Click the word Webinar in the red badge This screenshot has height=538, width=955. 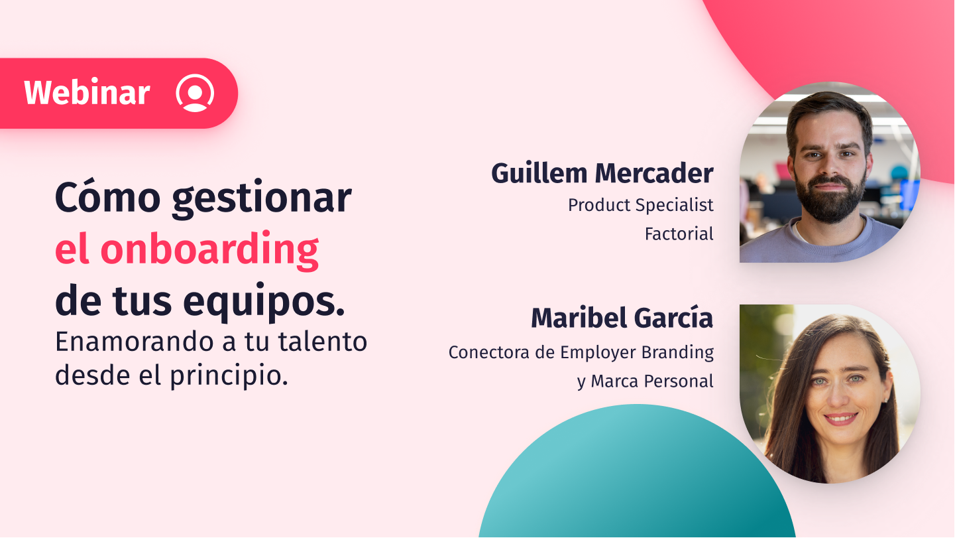click(87, 92)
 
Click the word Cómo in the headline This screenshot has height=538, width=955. click(108, 197)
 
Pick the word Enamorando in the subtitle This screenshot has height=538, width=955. click(140, 342)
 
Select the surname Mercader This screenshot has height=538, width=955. click(654, 173)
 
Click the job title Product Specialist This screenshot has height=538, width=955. click(640, 206)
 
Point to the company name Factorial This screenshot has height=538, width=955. click(679, 234)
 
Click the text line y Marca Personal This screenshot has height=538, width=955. click(645, 381)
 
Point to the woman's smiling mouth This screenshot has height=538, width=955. click(840, 419)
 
